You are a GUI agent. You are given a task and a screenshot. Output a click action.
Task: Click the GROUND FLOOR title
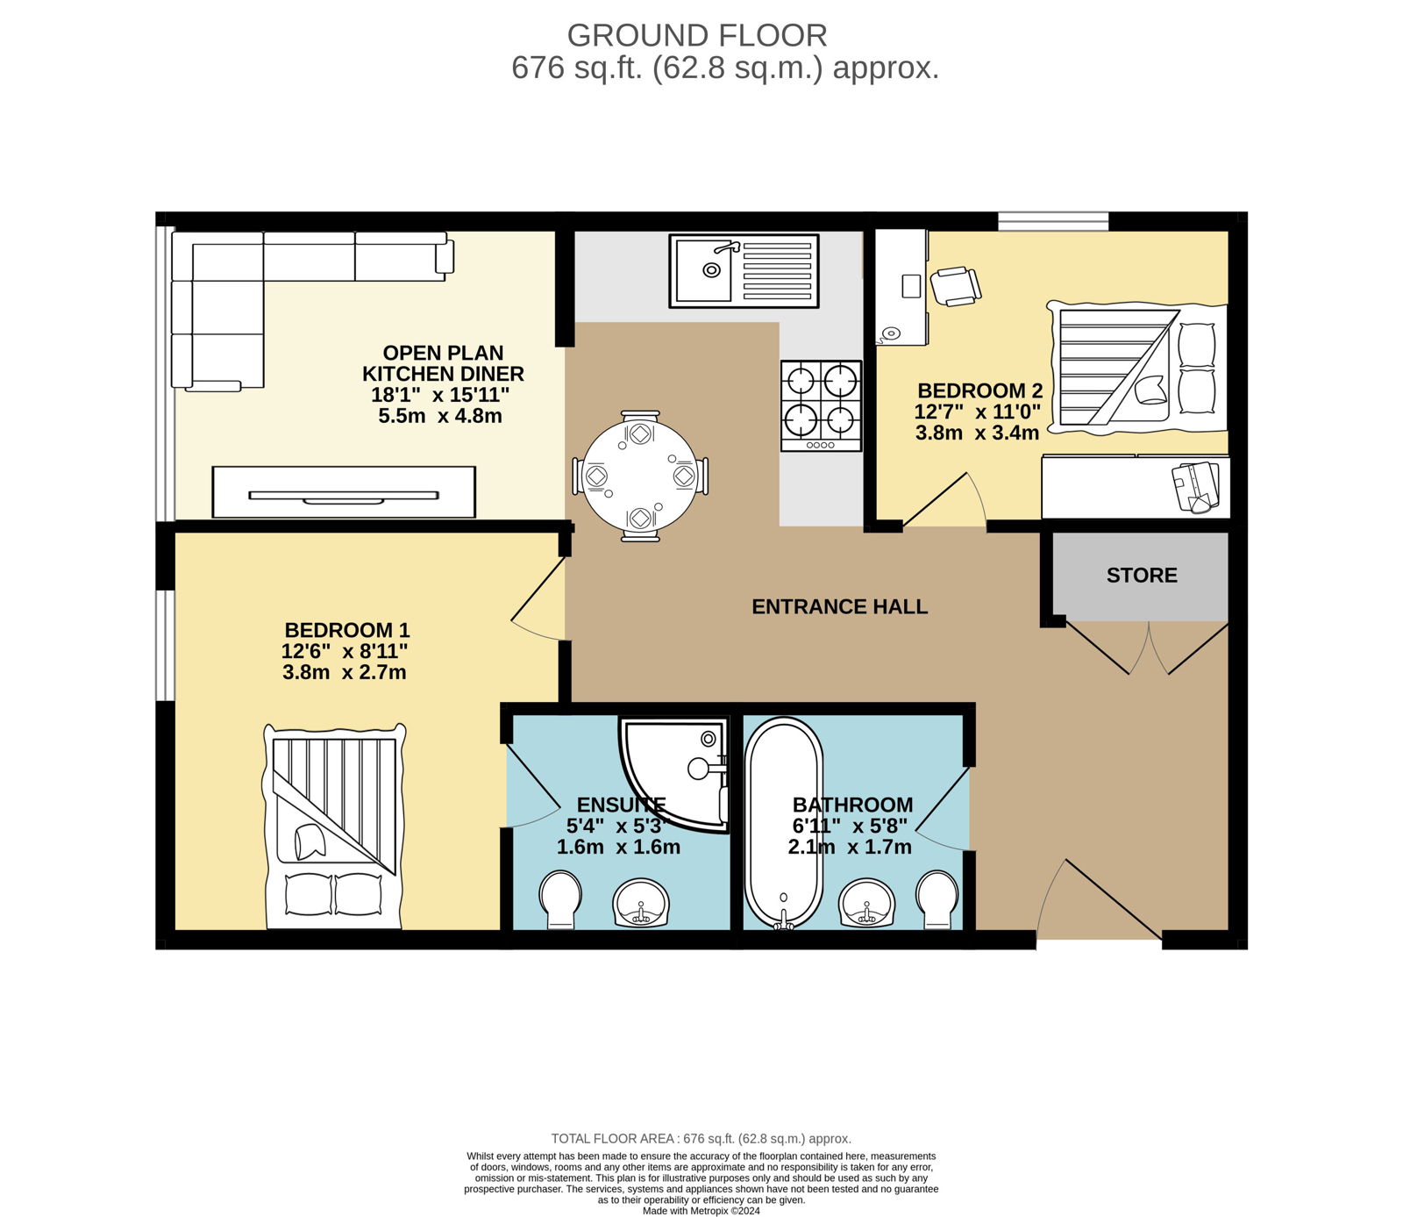(697, 35)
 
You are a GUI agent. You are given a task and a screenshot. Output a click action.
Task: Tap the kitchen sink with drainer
(744, 270)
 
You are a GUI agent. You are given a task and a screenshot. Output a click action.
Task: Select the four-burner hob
(822, 406)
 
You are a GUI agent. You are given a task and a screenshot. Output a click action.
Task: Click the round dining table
(641, 475)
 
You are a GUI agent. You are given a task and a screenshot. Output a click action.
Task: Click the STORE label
(1142, 576)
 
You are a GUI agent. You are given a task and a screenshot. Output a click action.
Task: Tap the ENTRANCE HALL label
(840, 606)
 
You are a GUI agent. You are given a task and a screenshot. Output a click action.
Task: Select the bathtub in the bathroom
(784, 823)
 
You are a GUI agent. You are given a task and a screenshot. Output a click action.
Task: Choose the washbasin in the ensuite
(641, 903)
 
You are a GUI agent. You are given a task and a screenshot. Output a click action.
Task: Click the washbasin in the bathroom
(867, 903)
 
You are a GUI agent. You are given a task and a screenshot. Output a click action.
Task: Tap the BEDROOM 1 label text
(347, 630)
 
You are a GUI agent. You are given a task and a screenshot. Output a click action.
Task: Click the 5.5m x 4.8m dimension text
(440, 416)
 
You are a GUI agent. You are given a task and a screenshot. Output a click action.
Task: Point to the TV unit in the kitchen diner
(344, 492)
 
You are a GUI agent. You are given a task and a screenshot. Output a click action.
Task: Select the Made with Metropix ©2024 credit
(701, 1211)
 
